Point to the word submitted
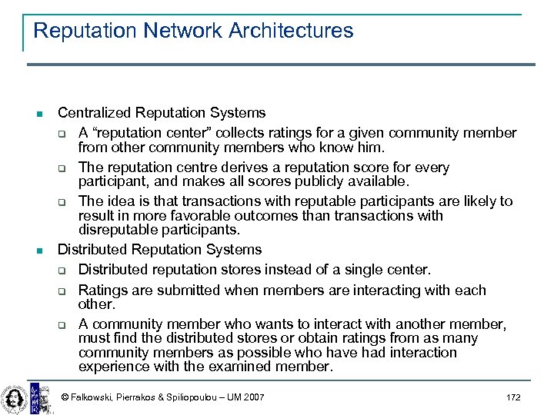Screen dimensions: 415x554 (175, 290)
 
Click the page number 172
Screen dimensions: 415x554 (513, 397)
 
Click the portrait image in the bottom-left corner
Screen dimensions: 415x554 (14, 396)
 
